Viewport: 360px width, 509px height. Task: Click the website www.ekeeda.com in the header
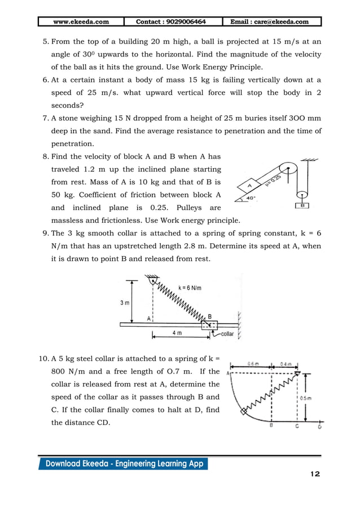pyautogui.click(x=81, y=22)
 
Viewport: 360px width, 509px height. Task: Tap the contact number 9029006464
pyautogui.click(x=171, y=22)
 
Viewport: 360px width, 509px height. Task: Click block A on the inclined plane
pyautogui.click(x=248, y=185)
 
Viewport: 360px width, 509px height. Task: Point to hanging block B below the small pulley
pyautogui.click(x=302, y=205)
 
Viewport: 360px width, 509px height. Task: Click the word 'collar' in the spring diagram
pyautogui.click(x=227, y=334)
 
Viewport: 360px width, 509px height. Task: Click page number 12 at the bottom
pyautogui.click(x=314, y=474)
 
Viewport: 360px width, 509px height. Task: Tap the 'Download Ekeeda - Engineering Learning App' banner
pyautogui.click(x=123, y=464)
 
